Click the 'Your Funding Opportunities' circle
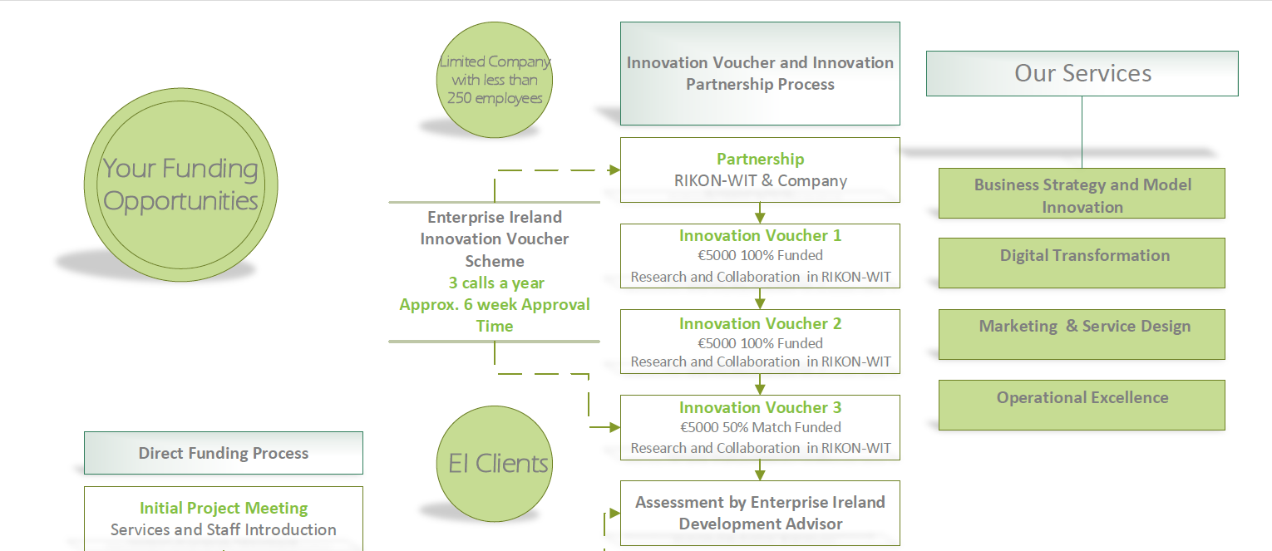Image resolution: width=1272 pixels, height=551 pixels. [181, 184]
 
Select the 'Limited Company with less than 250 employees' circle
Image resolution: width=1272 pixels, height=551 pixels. [495, 80]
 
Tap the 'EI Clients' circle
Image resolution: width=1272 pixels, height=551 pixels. [495, 464]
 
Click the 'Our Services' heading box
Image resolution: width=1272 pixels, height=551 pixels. [1082, 73]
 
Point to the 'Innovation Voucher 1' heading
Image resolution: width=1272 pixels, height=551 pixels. [760, 235]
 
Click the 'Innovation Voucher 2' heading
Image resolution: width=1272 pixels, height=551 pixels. [760, 323]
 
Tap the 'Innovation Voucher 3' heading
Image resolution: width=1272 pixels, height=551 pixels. [760, 407]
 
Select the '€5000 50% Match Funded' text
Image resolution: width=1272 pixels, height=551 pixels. [760, 427]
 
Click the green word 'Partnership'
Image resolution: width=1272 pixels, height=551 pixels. [760, 159]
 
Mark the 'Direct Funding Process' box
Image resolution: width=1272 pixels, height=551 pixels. [224, 453]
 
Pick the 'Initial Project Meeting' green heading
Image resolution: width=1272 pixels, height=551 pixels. [224, 508]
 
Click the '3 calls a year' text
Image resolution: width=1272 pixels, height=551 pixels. [495, 283]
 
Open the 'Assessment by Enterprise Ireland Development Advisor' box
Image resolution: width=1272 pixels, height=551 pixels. [760, 513]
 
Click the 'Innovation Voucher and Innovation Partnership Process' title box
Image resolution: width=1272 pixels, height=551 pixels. [760, 73]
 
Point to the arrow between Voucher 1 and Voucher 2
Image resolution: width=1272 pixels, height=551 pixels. [760, 299]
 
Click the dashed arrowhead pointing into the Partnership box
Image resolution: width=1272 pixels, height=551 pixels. [614, 170]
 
